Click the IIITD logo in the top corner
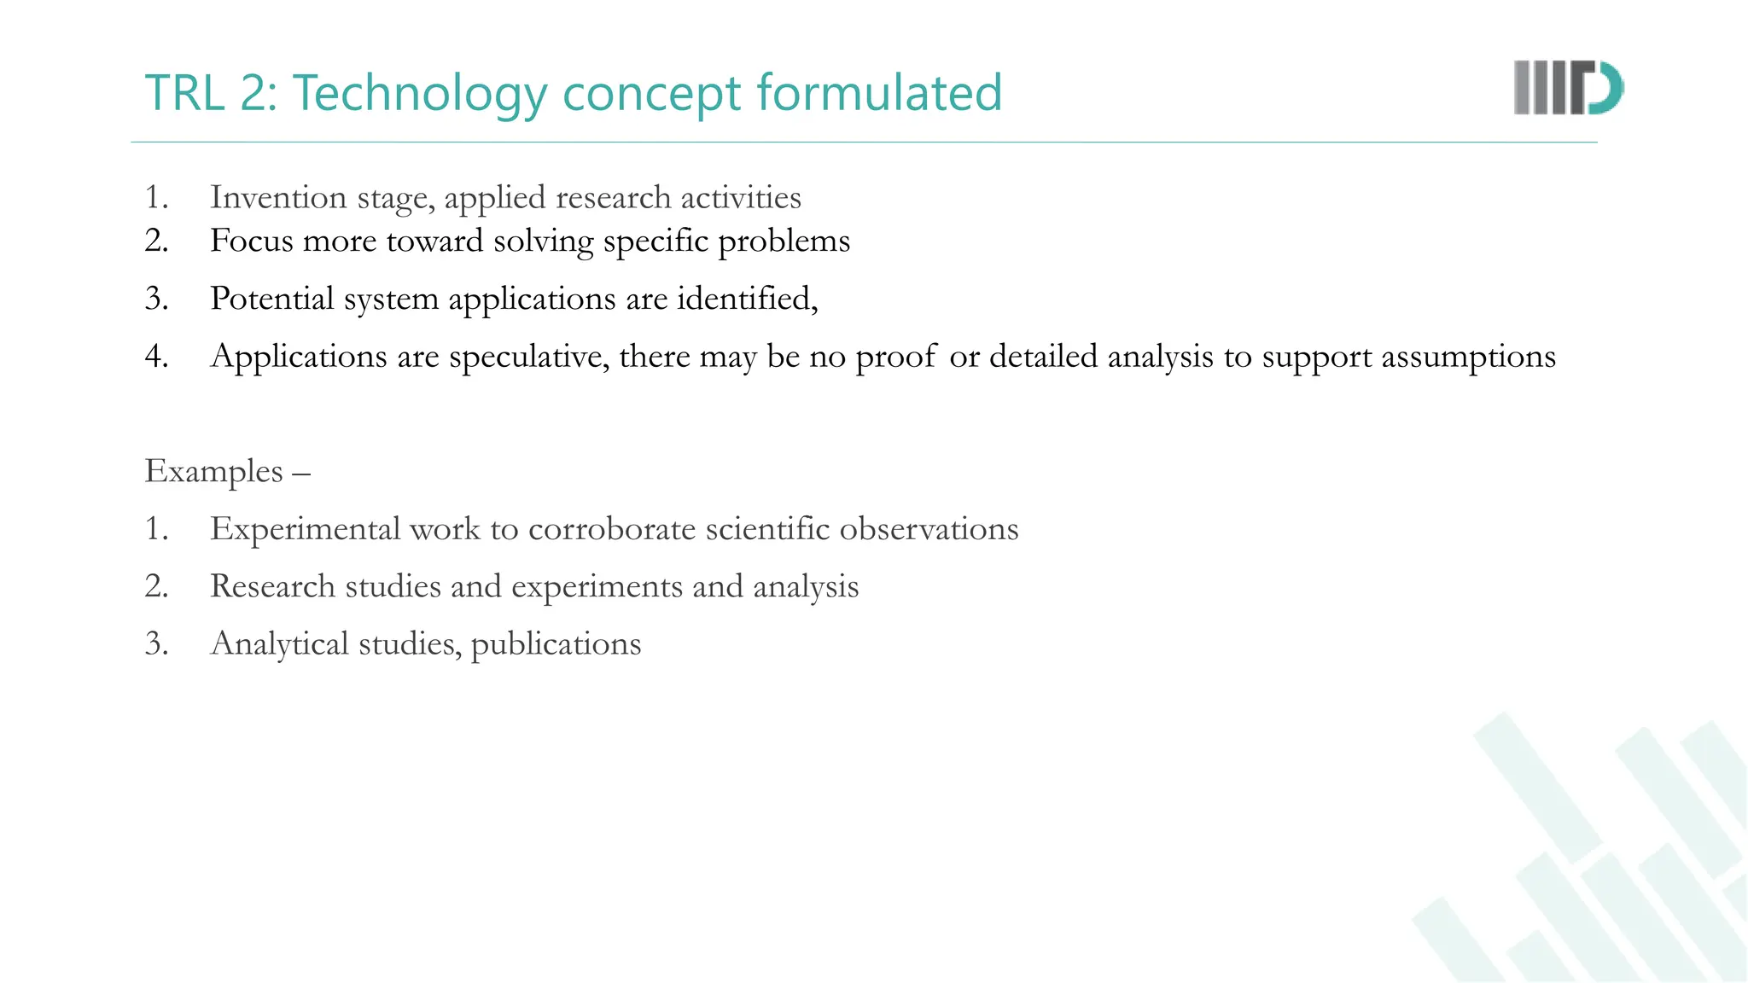1568,88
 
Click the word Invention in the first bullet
278,197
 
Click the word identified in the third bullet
746,299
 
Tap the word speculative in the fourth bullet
529,357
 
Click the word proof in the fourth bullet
895,357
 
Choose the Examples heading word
213,471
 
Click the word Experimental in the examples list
305,529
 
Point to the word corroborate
612,529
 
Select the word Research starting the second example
272,586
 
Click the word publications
556,644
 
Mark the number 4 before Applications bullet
155,357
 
